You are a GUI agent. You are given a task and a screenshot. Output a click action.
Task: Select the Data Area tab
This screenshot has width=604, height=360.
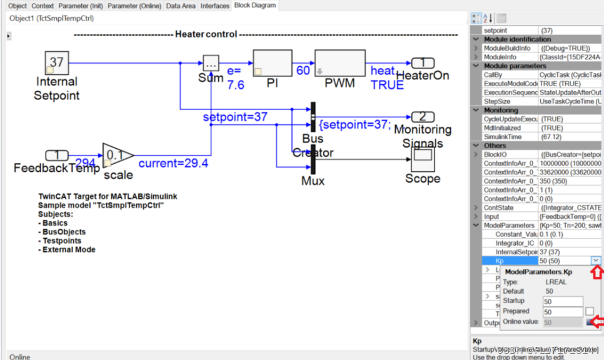(x=181, y=6)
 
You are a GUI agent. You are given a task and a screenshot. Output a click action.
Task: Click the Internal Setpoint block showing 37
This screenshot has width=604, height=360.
(x=56, y=62)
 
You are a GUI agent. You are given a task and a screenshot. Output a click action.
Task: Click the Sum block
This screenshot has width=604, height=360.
(x=211, y=63)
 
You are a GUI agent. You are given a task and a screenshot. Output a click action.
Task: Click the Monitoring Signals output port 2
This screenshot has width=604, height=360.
(x=423, y=116)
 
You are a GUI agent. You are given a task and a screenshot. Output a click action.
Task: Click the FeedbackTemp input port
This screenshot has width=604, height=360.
(x=57, y=155)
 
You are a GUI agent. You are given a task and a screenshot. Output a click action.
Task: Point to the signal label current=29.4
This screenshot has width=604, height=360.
(x=173, y=164)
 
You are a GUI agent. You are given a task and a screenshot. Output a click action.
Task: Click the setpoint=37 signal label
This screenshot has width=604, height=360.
(x=235, y=117)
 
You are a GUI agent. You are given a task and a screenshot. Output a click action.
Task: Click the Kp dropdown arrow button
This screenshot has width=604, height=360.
(x=596, y=261)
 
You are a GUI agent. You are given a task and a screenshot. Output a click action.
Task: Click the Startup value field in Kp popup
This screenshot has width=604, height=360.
(x=562, y=301)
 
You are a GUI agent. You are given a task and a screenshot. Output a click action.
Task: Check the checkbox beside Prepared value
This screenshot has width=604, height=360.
(x=590, y=311)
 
